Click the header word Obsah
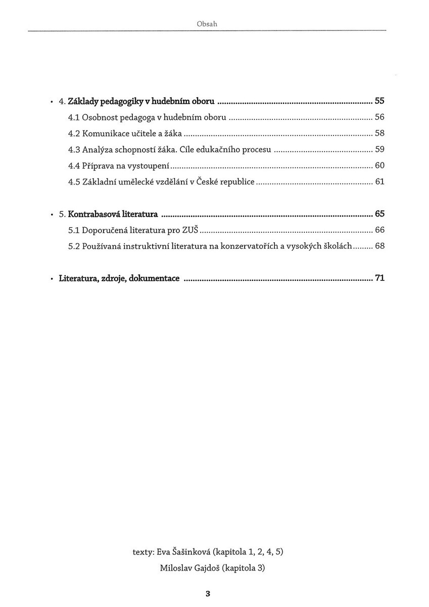click(207, 24)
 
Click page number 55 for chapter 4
click(379, 101)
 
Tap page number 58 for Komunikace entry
click(379, 134)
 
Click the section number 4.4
click(73, 165)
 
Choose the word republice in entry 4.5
click(235, 181)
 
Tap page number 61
click(379, 181)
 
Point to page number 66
click(379, 230)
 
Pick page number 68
click(379, 246)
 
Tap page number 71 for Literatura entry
click(379, 278)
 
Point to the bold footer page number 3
click(208, 593)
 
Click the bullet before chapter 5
click(52, 214)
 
